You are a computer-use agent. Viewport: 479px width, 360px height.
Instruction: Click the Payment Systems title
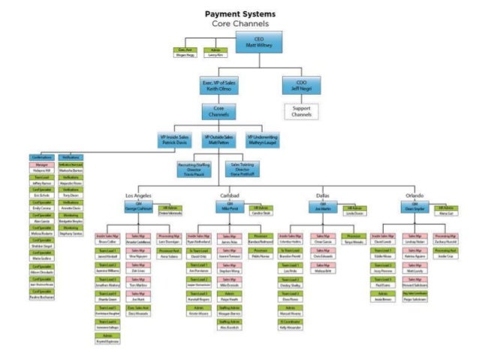click(239, 14)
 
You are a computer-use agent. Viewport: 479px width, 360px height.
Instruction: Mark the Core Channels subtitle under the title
click(239, 23)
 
